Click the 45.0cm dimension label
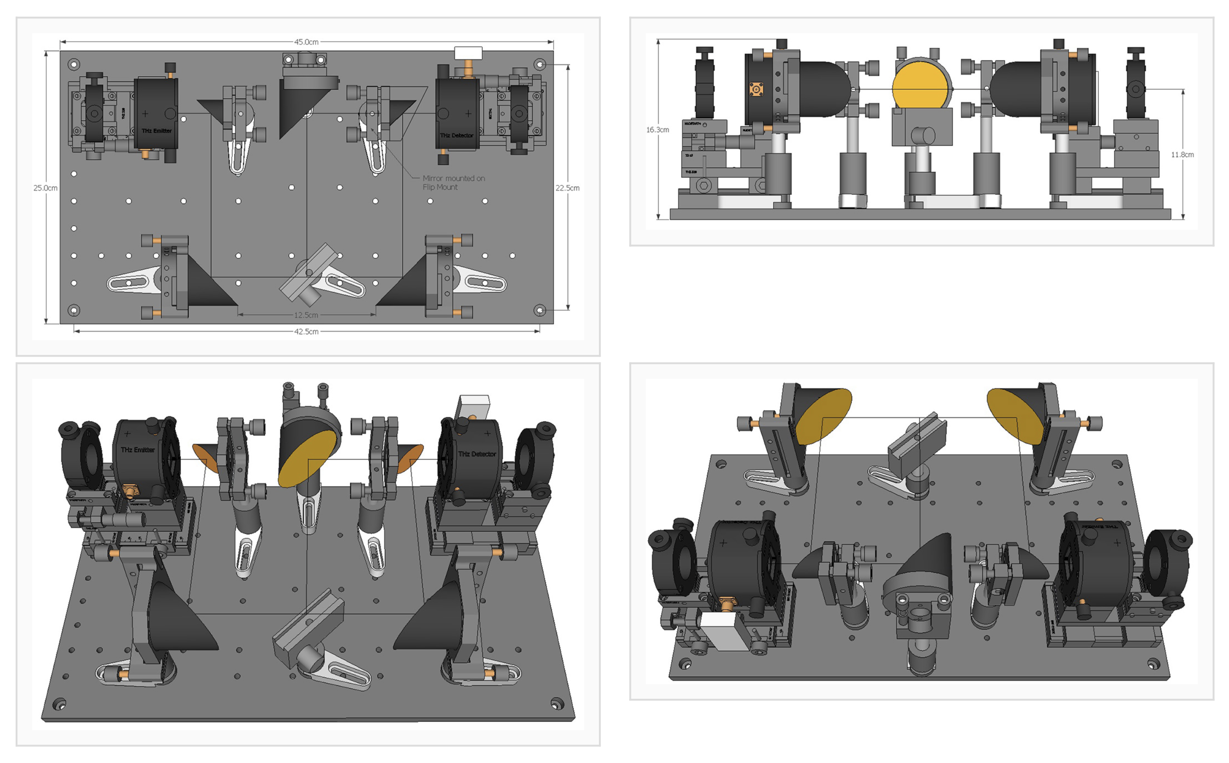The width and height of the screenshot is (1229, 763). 306,42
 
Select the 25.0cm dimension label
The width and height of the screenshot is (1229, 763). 45,188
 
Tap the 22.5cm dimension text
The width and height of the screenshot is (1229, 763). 567,188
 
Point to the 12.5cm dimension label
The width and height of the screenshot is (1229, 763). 306,315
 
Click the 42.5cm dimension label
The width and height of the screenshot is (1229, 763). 306,332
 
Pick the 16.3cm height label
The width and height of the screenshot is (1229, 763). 658,130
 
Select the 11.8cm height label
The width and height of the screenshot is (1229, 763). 1182,155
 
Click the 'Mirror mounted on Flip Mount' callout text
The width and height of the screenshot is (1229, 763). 453,182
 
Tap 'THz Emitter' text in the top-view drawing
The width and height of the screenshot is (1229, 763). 156,131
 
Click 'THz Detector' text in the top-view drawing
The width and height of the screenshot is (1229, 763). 457,135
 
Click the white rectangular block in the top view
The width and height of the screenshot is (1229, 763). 468,52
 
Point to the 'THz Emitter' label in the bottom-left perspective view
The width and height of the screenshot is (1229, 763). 137,450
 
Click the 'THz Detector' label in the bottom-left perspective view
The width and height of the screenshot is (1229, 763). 477,453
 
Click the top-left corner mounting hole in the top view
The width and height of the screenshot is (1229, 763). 74,65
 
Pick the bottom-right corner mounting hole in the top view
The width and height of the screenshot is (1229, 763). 539,310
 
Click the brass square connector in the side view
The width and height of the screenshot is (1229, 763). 756,90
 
